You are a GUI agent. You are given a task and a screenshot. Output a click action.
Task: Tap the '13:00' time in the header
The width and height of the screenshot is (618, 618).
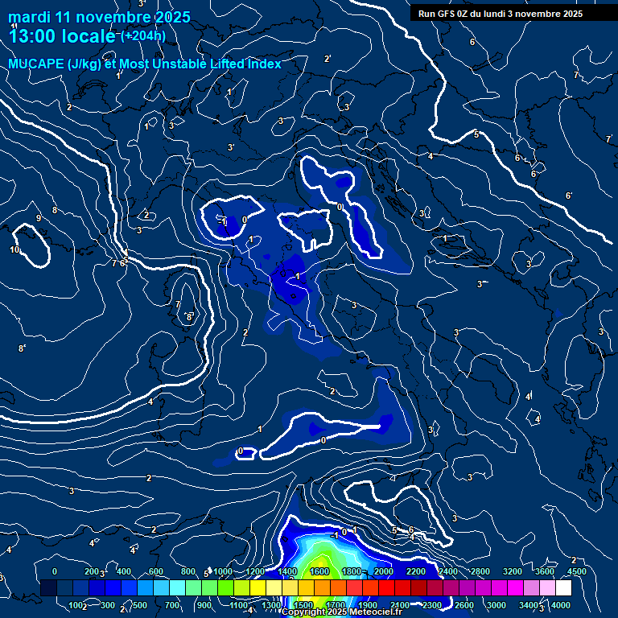coord(32,36)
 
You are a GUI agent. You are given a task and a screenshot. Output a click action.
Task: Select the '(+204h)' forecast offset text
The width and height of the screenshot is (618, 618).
coord(143,35)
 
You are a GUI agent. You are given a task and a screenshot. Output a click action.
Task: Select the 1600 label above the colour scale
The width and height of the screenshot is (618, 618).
coord(319,571)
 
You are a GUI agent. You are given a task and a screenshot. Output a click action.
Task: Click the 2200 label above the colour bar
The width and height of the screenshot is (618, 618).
coord(415,571)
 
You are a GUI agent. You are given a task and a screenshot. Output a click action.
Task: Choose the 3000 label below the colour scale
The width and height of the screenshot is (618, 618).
coord(496,605)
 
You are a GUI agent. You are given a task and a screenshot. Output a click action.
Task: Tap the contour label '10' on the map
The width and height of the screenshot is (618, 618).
coord(14,250)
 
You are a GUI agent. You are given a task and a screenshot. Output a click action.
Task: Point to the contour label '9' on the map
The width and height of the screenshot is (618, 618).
coord(38,218)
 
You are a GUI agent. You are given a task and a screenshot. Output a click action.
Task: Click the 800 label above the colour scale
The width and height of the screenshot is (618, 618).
coord(187,571)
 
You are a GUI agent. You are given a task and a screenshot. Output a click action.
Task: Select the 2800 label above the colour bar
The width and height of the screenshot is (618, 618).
coord(480,571)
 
